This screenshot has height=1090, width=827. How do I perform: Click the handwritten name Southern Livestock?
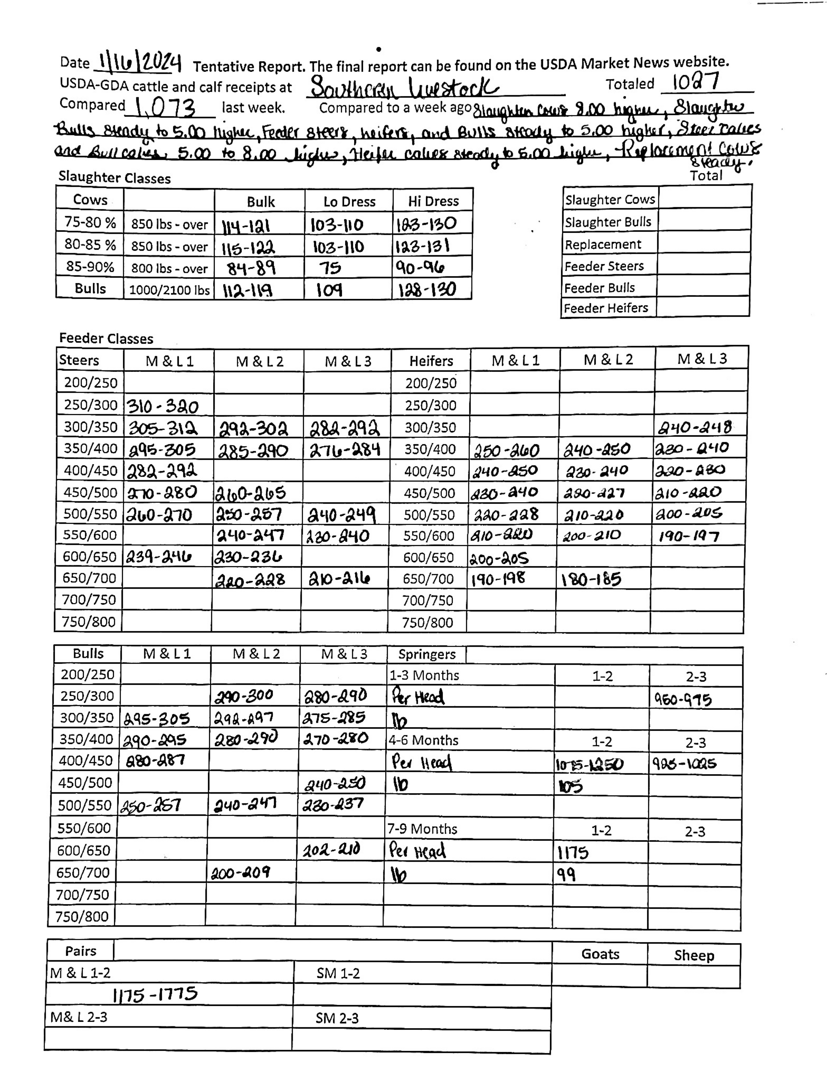click(x=404, y=88)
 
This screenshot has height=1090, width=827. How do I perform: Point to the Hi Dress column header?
click(x=433, y=201)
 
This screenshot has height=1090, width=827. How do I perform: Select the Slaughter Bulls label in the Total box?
click(x=608, y=222)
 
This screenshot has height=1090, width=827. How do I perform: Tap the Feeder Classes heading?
click(x=106, y=339)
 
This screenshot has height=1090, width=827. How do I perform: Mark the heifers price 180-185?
click(x=591, y=579)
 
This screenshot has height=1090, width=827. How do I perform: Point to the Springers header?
click(x=427, y=654)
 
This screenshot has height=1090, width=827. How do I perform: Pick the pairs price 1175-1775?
click(x=155, y=994)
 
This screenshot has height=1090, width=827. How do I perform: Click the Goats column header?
click(x=600, y=954)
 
